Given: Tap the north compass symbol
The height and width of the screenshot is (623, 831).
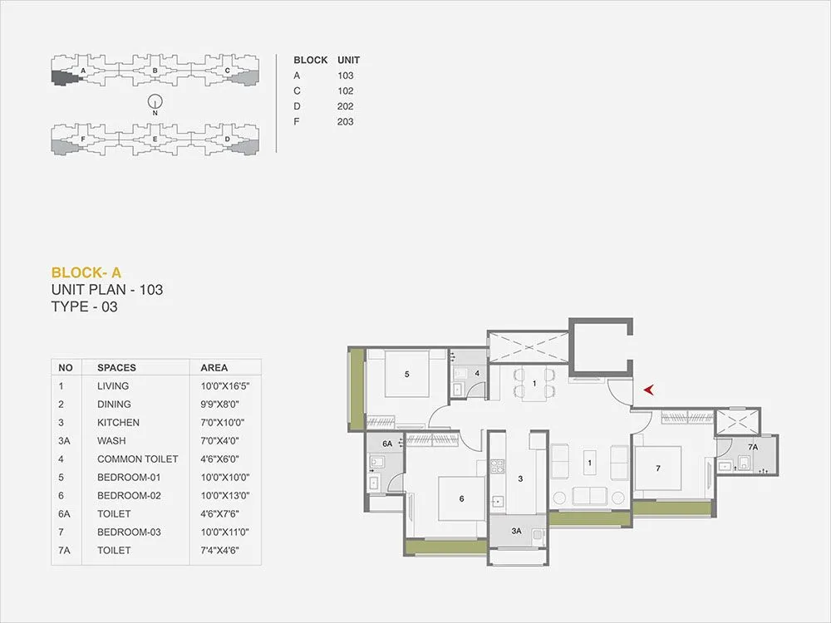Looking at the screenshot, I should (154, 103).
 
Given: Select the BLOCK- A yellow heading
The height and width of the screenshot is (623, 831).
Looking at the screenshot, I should (86, 272).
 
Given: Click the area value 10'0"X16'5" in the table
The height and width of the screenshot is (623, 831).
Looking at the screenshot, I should (225, 385).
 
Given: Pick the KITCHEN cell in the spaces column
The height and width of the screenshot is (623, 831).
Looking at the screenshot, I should (118, 422).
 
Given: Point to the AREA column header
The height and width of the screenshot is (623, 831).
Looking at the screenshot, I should (214, 367).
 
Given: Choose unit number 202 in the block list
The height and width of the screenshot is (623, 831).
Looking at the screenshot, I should (346, 106).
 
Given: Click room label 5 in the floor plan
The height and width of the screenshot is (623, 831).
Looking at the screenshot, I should (406, 374).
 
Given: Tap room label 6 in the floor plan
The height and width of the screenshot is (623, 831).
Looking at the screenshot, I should (461, 498).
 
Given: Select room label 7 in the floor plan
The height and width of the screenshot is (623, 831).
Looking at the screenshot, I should (657, 468).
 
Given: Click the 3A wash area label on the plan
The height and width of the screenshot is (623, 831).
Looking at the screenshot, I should (516, 531).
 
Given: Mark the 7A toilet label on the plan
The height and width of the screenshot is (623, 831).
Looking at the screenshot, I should (753, 448).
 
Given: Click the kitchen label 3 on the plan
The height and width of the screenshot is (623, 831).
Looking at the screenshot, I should (519, 478).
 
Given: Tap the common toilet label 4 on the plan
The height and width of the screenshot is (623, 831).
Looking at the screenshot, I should (477, 373).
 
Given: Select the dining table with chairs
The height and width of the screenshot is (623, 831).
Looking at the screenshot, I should (534, 384).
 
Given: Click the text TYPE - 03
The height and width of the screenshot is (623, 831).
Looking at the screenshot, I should (86, 307).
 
